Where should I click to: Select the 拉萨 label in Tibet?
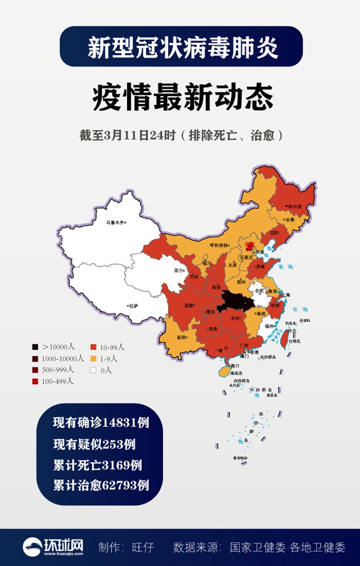click(133, 306)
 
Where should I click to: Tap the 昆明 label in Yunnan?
click(181, 338)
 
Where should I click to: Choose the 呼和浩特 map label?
click(219, 245)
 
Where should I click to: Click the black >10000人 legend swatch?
click(35, 347)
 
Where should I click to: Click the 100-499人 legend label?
click(58, 381)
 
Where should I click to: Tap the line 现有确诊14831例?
click(101, 423)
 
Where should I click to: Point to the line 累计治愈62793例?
click(101, 485)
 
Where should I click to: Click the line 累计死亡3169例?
click(97, 465)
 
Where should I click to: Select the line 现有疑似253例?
click(94, 444)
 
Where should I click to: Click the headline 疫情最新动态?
click(182, 97)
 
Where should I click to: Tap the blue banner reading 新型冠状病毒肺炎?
click(181, 47)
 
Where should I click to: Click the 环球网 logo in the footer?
click(53, 547)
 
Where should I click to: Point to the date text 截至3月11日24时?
click(128, 136)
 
